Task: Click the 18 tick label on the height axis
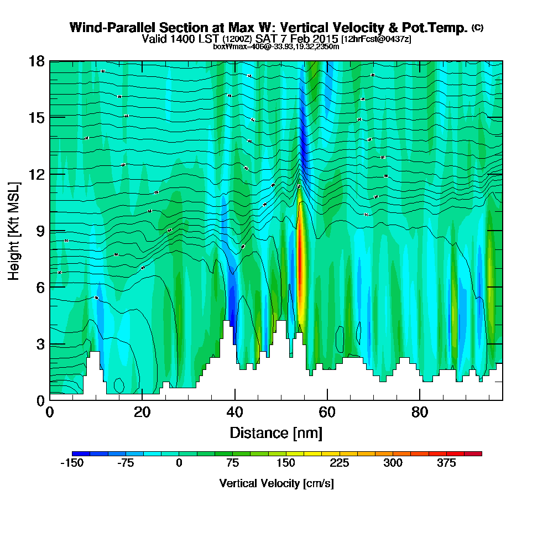(36, 61)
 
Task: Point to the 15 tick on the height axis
(36, 117)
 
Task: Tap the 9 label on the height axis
(40, 230)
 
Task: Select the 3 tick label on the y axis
(40, 343)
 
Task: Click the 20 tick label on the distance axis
(142, 413)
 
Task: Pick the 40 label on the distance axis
(235, 413)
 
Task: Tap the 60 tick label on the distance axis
(327, 413)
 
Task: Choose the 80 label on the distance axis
(420, 413)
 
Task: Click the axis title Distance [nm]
(276, 432)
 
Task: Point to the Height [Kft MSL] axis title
(14, 230)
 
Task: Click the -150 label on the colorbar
(71, 463)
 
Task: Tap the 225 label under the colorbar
(339, 463)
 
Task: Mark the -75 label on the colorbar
(126, 463)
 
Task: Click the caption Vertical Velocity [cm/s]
(276, 483)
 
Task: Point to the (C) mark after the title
(477, 28)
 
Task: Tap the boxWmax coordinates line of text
(276, 46)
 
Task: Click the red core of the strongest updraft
(300, 249)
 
